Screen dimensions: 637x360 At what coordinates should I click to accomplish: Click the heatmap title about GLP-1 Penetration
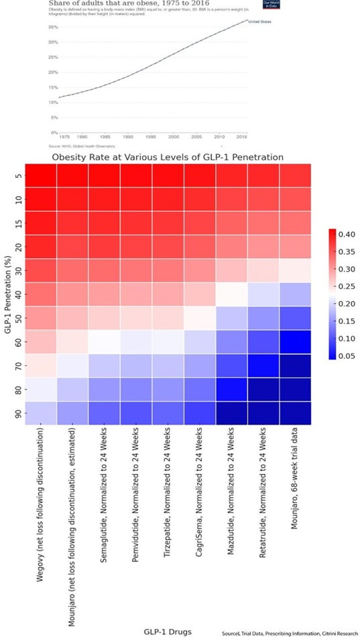pos(168,158)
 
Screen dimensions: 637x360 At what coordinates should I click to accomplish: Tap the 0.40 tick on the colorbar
pos(346,234)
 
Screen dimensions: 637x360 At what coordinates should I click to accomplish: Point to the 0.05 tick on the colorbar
pos(346,356)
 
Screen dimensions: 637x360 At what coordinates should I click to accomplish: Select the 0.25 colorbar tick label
pos(346,287)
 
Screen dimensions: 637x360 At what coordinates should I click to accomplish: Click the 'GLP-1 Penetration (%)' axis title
pos(8,294)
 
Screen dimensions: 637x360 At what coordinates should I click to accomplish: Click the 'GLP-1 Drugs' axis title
pos(168,632)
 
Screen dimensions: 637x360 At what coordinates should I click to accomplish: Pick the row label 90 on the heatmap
pos(19,413)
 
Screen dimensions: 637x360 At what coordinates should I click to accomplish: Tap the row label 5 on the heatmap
pos(19,175)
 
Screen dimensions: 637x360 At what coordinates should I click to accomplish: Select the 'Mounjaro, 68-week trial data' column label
pos(294,479)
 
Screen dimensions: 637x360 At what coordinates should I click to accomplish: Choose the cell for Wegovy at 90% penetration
pos(41,413)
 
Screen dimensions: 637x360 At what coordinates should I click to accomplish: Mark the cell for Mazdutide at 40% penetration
pos(231,294)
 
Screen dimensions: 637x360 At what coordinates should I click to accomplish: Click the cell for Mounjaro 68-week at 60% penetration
pos(295,342)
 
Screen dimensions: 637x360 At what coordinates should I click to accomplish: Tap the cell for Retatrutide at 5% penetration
pos(263,175)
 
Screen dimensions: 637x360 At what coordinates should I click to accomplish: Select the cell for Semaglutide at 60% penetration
pos(104,342)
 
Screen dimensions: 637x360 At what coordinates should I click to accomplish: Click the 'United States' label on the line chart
pos(260,22)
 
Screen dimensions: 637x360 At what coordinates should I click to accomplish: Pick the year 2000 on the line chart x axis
pos(174,137)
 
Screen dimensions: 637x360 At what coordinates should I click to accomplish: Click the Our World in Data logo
pos(271,4)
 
